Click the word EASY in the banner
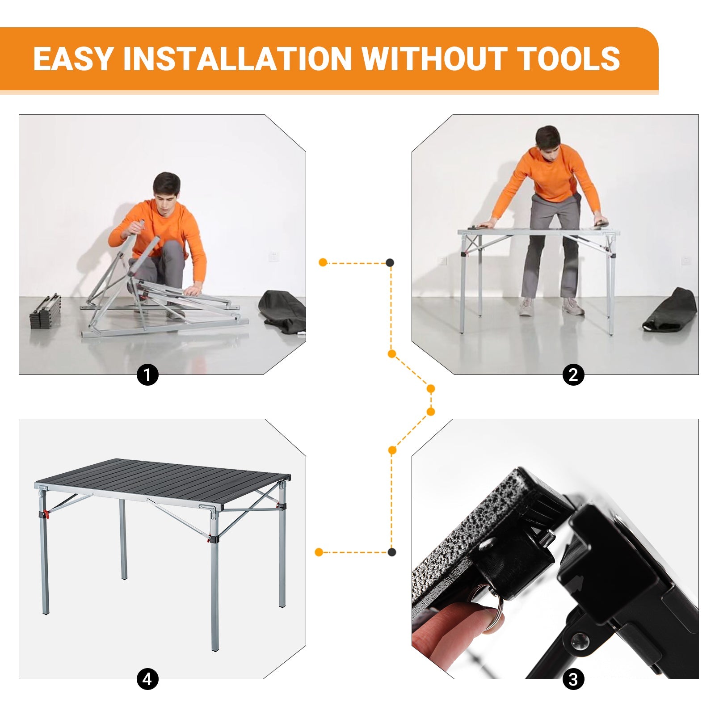point(73,59)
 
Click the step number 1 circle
point(147,374)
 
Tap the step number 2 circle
point(573,374)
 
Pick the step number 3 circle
point(573,680)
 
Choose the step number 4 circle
point(147,680)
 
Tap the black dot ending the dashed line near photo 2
point(390,263)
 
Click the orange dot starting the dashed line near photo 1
point(323,262)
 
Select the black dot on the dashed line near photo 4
point(392,552)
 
